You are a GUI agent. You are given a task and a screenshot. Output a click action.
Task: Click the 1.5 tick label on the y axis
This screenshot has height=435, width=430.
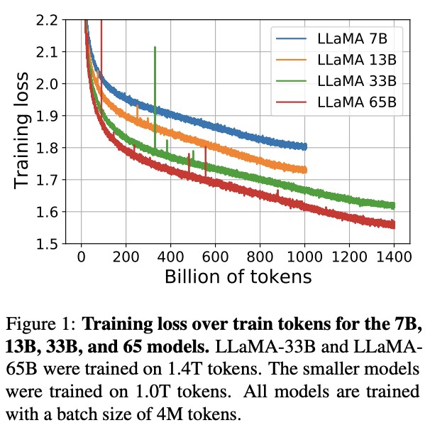[48, 244]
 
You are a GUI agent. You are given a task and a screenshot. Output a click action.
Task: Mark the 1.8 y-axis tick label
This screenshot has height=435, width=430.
[48, 148]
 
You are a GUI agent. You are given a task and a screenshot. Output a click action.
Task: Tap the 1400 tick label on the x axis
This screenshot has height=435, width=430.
[393, 257]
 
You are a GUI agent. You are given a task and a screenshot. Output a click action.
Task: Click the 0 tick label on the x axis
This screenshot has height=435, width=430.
[82, 257]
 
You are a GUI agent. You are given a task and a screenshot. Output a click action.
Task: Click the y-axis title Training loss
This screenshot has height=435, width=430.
[23, 131]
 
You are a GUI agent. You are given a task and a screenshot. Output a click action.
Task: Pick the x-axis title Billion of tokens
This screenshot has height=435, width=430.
[238, 276]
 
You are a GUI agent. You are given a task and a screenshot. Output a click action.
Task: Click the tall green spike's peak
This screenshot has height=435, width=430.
[155, 47]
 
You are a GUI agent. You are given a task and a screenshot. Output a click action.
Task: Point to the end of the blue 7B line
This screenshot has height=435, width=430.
[305, 146]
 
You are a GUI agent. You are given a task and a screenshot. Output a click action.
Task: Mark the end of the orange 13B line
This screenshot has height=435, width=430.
[305, 170]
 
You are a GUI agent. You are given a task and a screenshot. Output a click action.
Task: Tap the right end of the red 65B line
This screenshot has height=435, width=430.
[394, 225]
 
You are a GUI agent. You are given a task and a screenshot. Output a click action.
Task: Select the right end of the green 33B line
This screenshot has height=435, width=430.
[394, 205]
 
